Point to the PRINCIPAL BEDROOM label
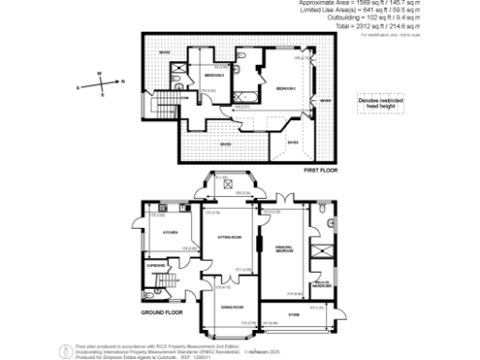[x=286, y=249]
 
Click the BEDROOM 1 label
[x=286, y=88]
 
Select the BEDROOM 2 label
[x=215, y=75]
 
